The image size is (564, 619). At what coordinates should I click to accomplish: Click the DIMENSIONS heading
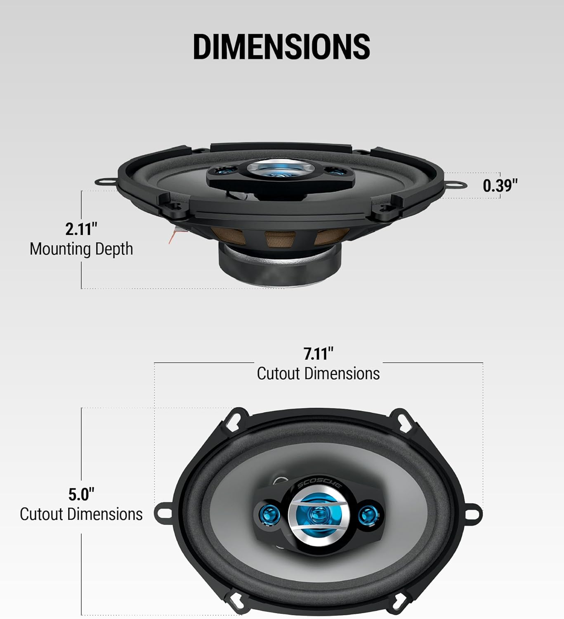(282, 46)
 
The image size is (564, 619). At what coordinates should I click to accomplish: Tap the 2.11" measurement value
(81, 229)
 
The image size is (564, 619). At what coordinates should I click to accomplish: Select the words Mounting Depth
(81, 249)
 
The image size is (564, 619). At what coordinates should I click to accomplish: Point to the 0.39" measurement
(500, 186)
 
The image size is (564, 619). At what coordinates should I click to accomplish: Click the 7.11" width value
(318, 354)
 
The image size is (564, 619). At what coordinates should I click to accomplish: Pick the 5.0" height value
(81, 494)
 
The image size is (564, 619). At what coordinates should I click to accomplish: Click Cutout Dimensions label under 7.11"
(318, 373)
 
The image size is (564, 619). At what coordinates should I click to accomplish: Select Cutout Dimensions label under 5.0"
(81, 514)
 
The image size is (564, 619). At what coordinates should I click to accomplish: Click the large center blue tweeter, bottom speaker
(317, 514)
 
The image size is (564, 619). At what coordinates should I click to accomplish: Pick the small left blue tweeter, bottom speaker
(270, 514)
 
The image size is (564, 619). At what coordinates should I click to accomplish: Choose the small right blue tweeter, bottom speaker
(367, 515)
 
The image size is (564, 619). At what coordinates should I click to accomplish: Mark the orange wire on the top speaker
(173, 236)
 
